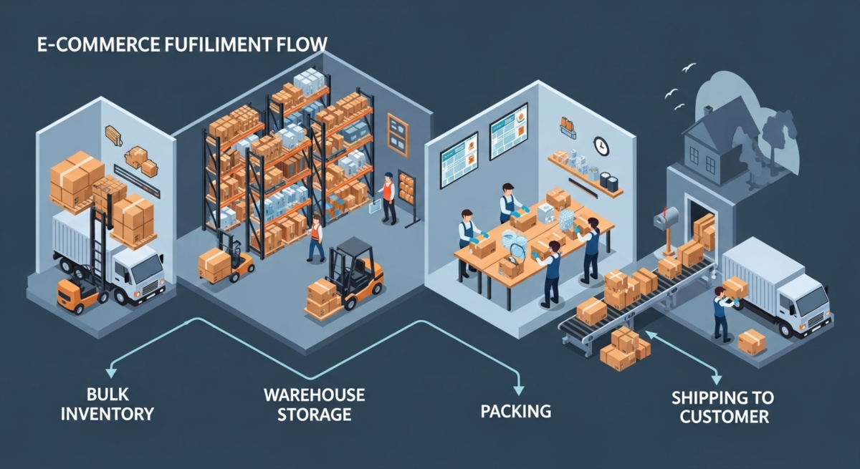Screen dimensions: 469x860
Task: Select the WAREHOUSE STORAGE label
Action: [x=314, y=405]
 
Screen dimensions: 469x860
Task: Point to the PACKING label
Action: [x=516, y=411]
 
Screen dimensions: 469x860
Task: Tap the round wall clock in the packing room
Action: [x=601, y=145]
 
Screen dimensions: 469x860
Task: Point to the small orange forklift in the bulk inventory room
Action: [x=77, y=294]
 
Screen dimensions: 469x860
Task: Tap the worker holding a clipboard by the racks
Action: [x=388, y=196]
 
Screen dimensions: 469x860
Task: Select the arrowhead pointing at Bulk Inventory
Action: [x=110, y=372]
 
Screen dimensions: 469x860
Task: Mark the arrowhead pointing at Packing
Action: [x=517, y=387]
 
